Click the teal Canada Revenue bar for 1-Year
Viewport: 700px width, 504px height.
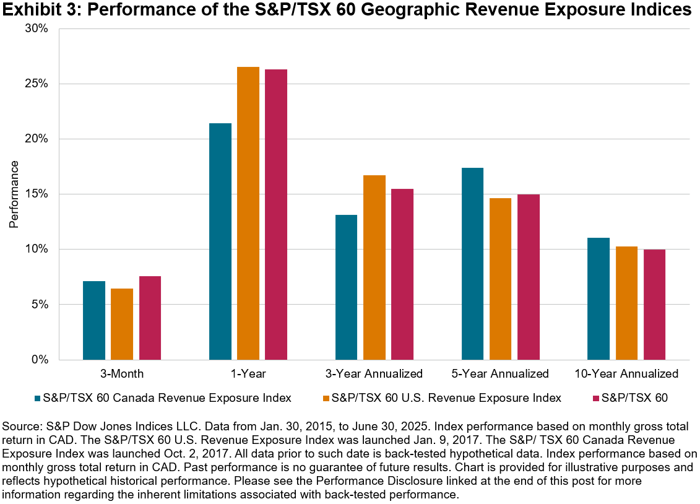click(220, 241)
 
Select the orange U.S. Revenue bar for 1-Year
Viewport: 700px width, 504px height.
click(248, 213)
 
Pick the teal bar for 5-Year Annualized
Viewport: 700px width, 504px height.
click(472, 264)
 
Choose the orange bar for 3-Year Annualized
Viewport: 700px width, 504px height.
click(374, 267)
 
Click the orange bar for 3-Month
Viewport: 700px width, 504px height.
click(122, 324)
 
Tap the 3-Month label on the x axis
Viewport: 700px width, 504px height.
click(122, 374)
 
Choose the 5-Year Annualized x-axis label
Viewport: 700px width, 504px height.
click(500, 374)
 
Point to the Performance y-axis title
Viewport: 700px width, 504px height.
click(14, 194)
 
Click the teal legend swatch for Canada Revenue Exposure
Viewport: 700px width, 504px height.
click(38, 398)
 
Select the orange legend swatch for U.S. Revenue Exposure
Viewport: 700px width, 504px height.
click(325, 398)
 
